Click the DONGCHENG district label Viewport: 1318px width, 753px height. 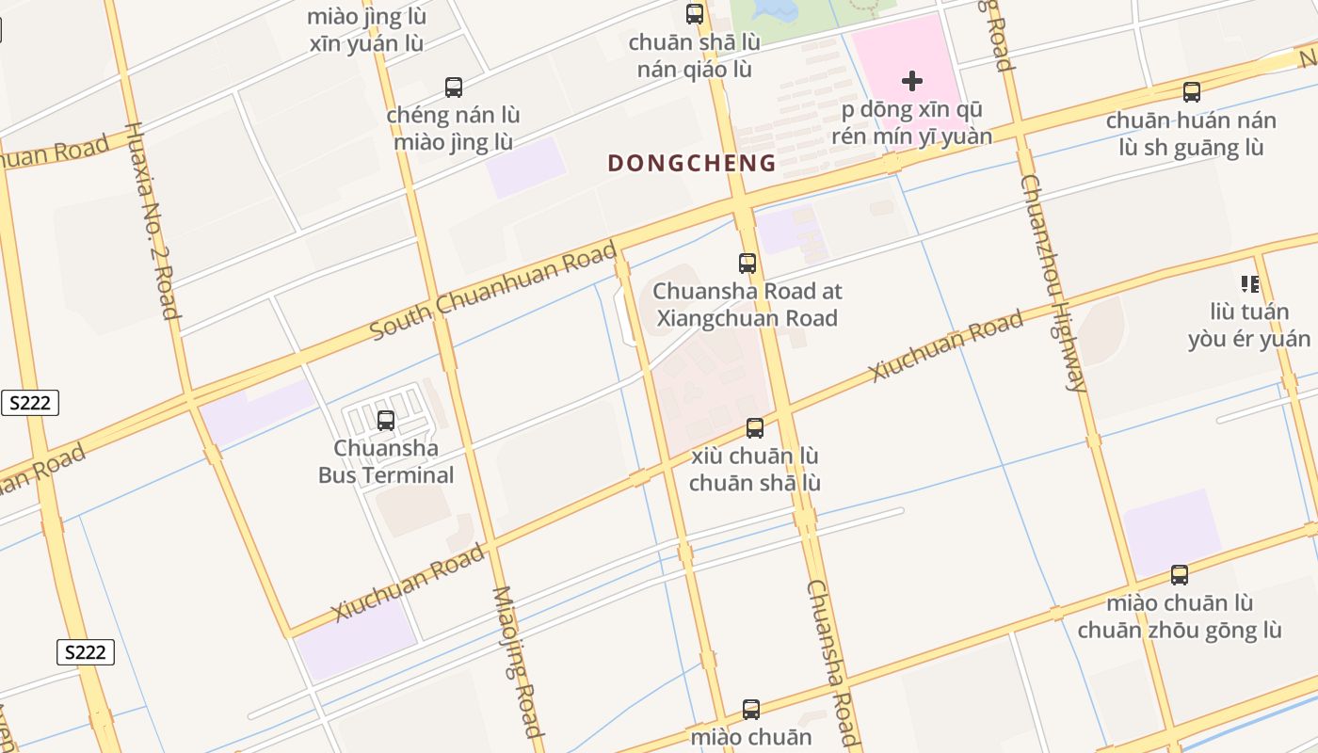pos(692,163)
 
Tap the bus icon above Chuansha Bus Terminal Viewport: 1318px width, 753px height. pos(386,420)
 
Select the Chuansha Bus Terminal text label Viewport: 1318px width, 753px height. pos(386,461)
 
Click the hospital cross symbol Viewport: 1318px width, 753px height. pos(911,81)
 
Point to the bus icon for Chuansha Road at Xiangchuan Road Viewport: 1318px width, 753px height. pos(747,264)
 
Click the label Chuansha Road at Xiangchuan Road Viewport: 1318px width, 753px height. pos(747,305)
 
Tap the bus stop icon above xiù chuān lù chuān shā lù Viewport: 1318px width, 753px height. pos(755,428)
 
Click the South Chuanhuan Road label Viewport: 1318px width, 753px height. pos(493,291)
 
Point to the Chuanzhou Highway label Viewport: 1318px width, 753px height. pos(1054,282)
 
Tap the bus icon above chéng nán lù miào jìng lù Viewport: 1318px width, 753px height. pos(454,88)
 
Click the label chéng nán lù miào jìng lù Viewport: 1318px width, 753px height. pos(454,129)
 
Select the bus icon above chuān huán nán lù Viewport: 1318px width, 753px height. pos(1192,92)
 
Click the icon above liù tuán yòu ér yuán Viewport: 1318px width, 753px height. pos(1250,283)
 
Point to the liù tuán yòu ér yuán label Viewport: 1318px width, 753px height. pos(1249,325)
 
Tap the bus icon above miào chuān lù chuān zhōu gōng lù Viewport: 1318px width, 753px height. pos(1180,574)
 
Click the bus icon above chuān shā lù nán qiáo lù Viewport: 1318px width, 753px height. pos(695,14)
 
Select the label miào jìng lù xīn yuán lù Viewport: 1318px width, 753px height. pos(366,30)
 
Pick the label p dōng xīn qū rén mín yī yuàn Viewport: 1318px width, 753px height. pos(911,123)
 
